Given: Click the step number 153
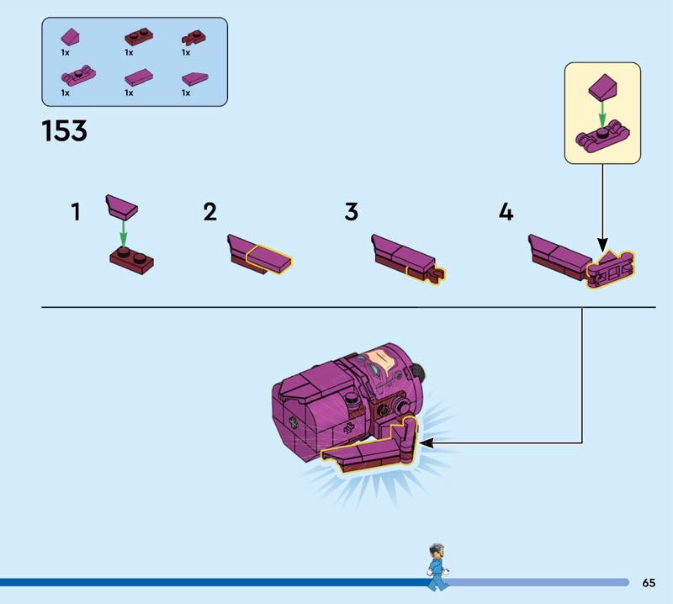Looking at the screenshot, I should click(64, 131).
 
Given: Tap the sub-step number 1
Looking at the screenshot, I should click(76, 211).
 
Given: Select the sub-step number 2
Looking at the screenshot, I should click(209, 211).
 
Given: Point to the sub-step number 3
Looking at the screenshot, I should click(351, 211).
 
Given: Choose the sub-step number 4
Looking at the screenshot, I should click(506, 211).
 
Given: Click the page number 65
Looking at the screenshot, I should click(648, 582).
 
